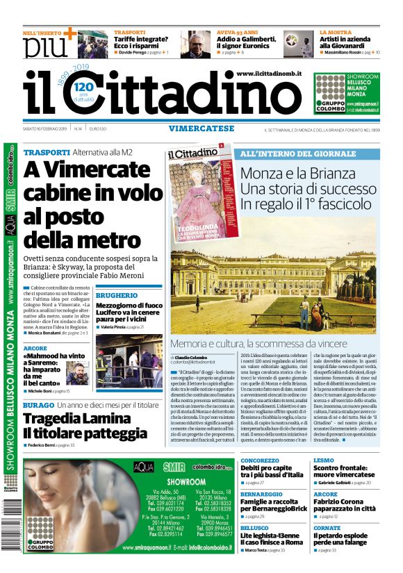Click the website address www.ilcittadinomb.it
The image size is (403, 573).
pyautogui.click(x=268, y=74)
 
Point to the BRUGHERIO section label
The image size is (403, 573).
pyautogui.click(x=116, y=276)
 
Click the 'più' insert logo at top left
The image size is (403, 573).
pyautogui.click(x=46, y=47)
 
